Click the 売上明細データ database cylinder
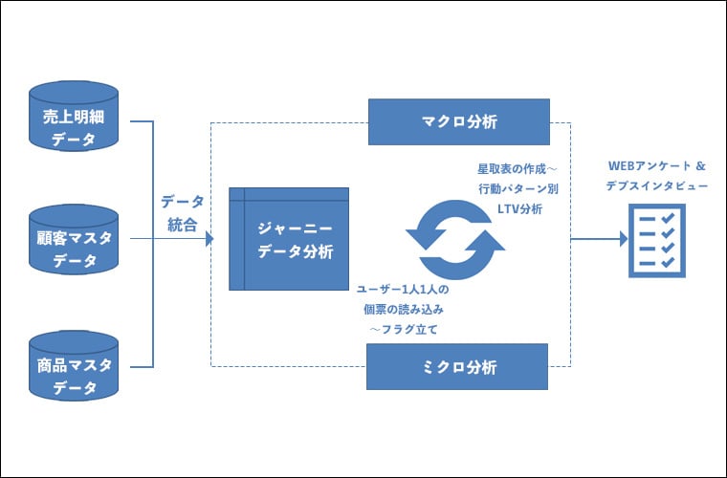click(x=74, y=117)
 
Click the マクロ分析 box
click(x=459, y=121)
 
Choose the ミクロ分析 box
click(x=458, y=367)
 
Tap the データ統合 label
click(x=182, y=213)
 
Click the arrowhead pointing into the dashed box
click(x=208, y=240)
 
